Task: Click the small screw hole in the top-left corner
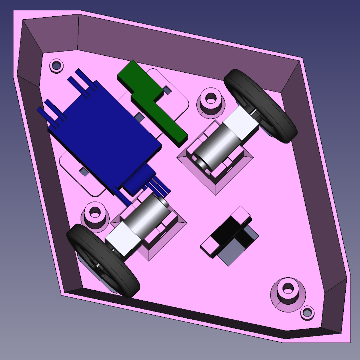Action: pos(56,65)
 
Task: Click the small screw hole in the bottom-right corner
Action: pos(307,313)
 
